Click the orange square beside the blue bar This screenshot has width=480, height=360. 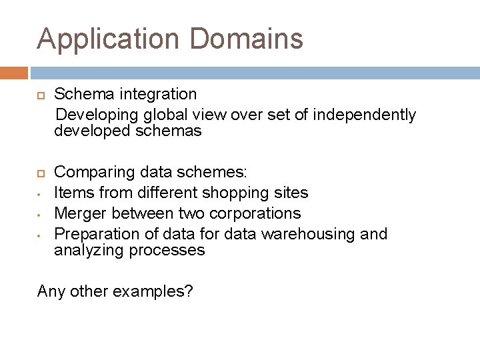pyautogui.click(x=13, y=73)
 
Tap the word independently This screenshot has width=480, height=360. pyautogui.click(x=364, y=115)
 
